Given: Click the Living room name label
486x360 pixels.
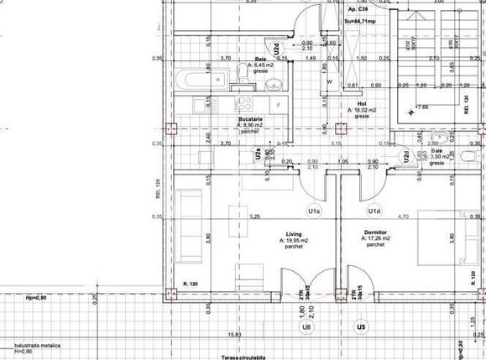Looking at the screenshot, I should click(x=294, y=234).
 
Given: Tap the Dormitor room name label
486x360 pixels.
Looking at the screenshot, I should click(x=374, y=234).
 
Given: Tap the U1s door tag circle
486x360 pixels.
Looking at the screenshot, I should click(x=315, y=211).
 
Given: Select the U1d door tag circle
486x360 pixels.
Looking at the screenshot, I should click(x=374, y=211).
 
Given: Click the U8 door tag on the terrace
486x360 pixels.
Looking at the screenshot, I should click(x=307, y=326).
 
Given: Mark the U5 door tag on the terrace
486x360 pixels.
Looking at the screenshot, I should click(x=361, y=326).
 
